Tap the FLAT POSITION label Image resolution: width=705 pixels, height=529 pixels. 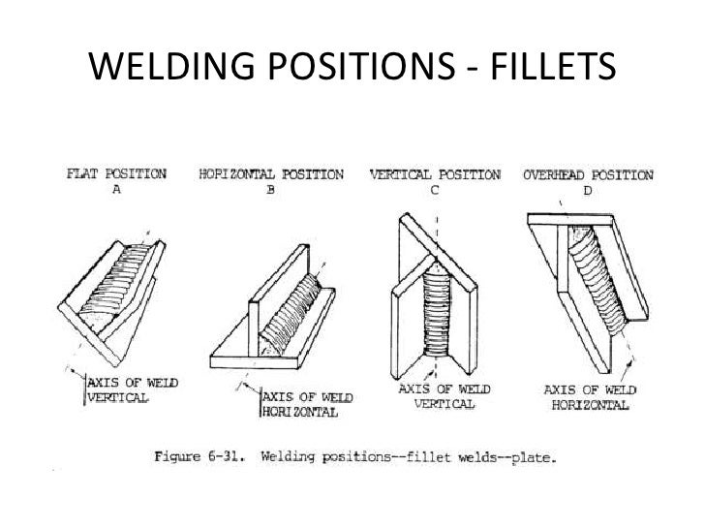coord(116,175)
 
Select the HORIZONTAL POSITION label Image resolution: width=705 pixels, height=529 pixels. coord(271,175)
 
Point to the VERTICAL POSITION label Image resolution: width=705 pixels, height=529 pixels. coord(435,176)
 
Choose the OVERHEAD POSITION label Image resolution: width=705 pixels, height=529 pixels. coord(587,176)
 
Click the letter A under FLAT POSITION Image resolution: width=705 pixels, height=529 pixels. coord(117,191)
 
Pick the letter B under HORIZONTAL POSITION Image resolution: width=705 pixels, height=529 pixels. coord(270,191)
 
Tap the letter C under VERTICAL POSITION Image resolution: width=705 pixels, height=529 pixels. coord(435,192)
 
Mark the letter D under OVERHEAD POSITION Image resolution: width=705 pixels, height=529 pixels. coord(588,192)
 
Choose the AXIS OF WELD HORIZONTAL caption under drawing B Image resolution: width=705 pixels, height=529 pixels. coord(307,405)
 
